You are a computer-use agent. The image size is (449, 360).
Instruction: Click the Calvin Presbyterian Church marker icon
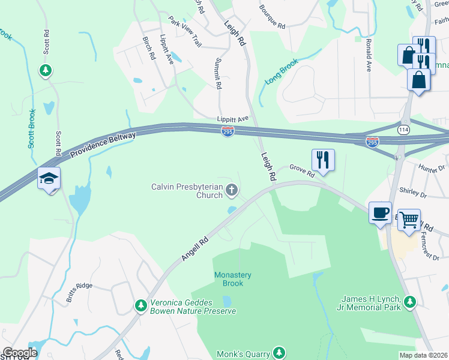(x=232, y=191)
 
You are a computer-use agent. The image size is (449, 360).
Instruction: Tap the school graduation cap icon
(x=49, y=179)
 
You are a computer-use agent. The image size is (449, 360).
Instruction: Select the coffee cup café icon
(x=380, y=212)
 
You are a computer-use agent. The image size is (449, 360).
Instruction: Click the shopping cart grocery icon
(x=409, y=219)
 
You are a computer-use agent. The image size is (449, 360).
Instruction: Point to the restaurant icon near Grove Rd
(x=323, y=160)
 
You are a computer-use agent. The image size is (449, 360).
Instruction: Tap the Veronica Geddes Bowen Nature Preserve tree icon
(x=141, y=306)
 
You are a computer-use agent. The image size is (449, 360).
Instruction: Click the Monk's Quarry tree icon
(x=279, y=352)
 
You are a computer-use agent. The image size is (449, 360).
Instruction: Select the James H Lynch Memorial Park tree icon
(x=410, y=302)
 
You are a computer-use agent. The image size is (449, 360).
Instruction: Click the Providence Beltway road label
(x=103, y=145)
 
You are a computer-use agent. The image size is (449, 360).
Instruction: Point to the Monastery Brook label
(x=233, y=279)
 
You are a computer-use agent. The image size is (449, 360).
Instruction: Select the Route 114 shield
(x=403, y=130)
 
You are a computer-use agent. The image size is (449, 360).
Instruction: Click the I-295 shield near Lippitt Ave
(x=228, y=130)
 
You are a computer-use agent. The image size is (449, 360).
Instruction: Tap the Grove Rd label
(x=302, y=171)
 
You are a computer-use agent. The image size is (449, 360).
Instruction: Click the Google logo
(x=20, y=353)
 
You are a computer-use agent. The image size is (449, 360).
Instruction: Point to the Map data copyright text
(x=423, y=355)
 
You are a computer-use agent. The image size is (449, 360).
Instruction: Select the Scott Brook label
(x=32, y=128)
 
